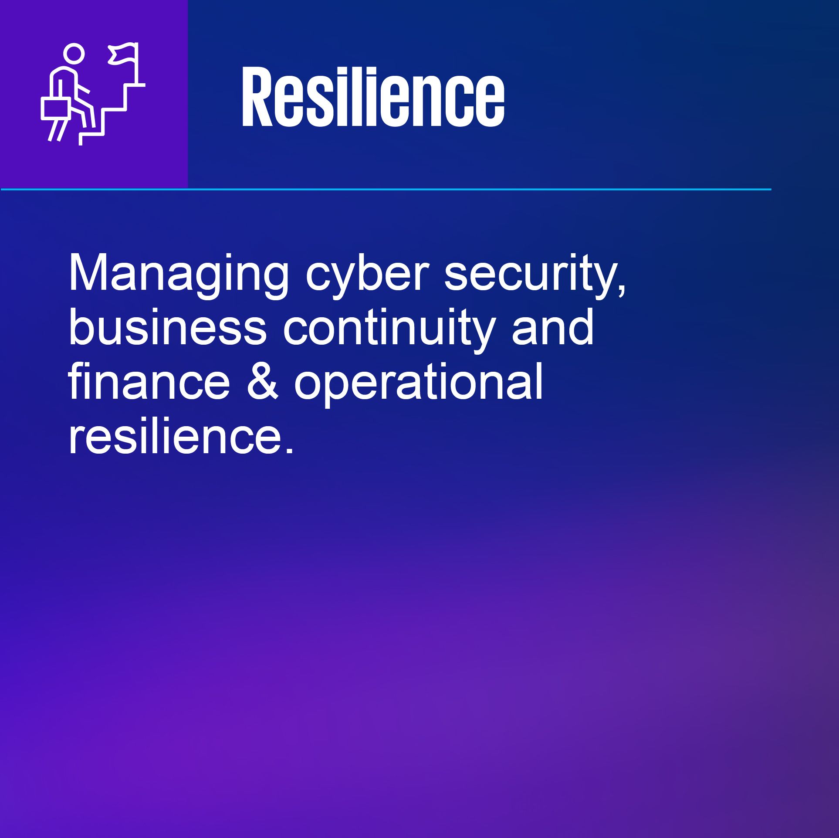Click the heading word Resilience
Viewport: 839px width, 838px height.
coord(373,96)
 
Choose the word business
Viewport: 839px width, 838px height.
coord(167,327)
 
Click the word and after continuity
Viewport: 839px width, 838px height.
coord(553,327)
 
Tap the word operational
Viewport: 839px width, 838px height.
coord(419,384)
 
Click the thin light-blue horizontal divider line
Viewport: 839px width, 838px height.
coord(386,190)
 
